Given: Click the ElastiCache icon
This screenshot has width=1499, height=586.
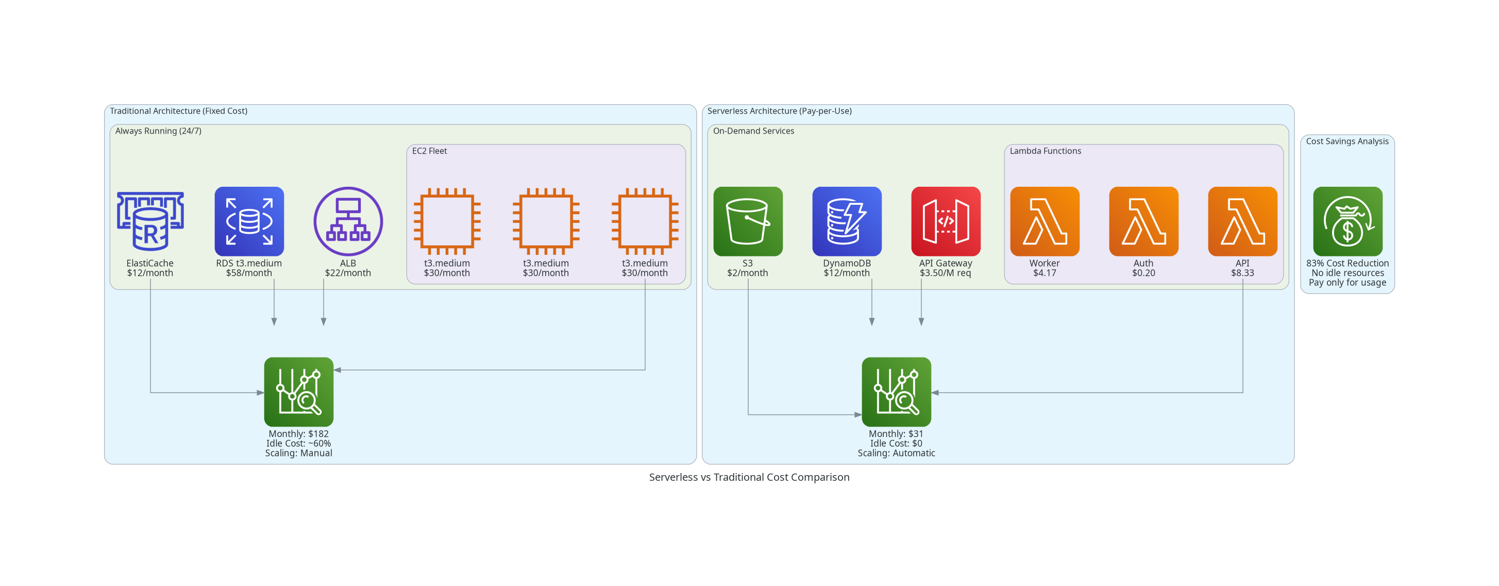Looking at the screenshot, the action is pos(150,221).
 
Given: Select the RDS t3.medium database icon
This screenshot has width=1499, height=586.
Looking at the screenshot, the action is pos(249,221).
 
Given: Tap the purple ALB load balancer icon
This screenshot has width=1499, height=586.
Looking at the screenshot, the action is pos(348,221).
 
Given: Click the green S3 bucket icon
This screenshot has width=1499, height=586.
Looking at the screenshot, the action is pos(748,221).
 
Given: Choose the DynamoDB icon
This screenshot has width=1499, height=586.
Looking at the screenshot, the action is pos(847,221).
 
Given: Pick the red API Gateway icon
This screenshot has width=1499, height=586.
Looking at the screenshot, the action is pos(946,221).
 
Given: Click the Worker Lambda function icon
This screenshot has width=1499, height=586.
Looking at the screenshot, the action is pos(1045,221).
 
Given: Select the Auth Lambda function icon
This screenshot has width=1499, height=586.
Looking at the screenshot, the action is pos(1143,221).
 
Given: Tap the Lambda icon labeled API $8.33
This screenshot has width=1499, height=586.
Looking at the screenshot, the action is pos(1242,221).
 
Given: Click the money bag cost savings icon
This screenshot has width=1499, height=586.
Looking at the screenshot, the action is pos(1348,221).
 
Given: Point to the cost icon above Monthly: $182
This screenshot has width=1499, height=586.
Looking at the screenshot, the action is pos(298,392).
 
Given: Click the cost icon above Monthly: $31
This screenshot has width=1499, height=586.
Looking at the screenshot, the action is pos(896,392).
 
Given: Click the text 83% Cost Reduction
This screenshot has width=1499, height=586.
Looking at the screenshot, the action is pos(1348,263).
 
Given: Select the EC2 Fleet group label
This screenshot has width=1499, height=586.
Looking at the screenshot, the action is pos(429,151).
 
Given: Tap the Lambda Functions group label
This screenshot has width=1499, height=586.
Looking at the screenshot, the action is pos(1045,151).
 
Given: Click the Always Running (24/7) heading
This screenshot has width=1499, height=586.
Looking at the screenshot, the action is pos(158,131).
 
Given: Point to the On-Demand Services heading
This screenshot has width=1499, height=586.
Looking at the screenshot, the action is pos(753,131).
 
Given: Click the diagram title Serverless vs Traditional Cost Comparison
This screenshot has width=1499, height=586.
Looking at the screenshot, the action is pos(749,477).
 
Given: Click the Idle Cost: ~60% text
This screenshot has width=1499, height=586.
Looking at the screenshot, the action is pos(298,443).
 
